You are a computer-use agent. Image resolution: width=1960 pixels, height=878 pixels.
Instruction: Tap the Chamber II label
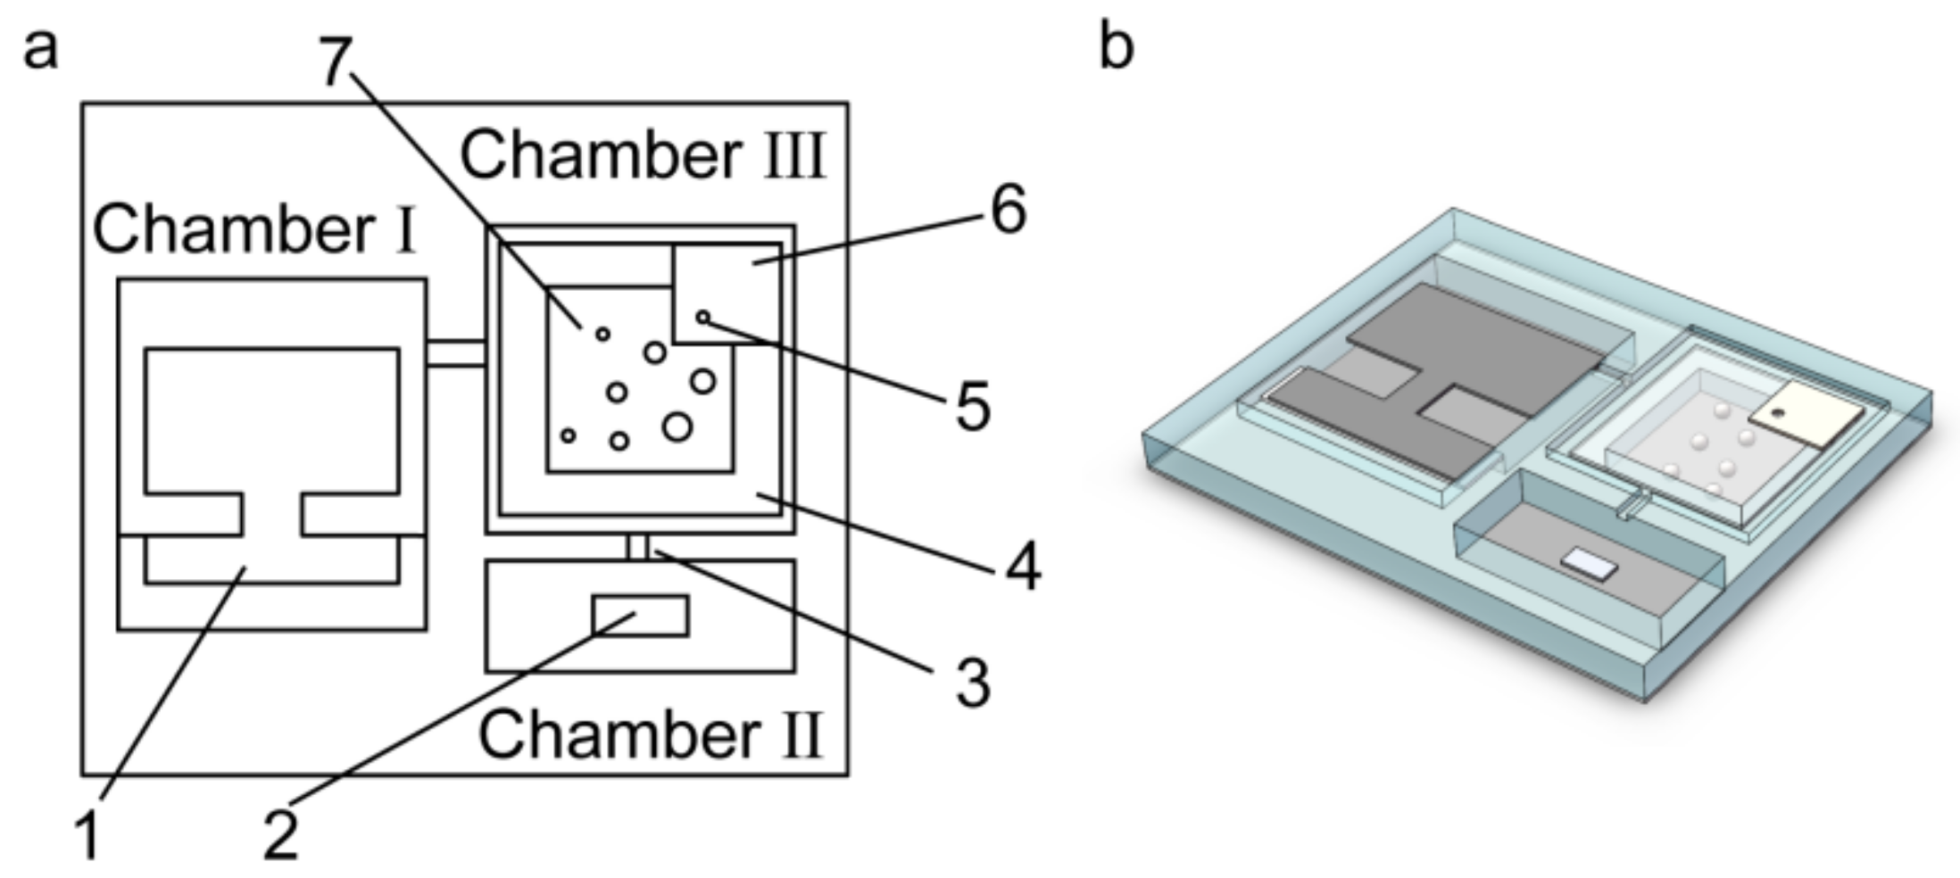650,734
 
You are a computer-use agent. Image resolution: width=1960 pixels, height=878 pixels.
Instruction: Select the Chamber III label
643,155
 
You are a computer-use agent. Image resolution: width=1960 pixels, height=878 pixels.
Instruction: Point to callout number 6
1009,211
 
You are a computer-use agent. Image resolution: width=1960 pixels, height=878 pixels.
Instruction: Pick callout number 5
972,407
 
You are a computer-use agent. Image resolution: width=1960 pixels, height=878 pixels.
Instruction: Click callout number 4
1022,567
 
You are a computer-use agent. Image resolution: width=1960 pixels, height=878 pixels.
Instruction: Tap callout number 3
972,683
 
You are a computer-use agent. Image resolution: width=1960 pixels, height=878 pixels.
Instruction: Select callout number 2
280,835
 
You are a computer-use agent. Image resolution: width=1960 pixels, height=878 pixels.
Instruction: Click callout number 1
87,836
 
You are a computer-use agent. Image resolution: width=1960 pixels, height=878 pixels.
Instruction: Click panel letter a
40,48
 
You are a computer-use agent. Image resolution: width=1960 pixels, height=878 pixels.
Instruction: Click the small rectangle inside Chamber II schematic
640,616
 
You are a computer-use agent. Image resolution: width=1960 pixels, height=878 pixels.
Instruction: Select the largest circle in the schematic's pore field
677,427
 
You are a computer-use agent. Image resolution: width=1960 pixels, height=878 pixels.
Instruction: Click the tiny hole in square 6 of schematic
702,317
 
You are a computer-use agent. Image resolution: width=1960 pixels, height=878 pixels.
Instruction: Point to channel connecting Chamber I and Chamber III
455,352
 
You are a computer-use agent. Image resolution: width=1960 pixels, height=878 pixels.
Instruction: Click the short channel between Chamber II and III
637,546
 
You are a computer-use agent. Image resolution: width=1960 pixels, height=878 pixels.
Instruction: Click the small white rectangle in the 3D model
1589,565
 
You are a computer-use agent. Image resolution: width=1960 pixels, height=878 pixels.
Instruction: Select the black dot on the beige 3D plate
1777,413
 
